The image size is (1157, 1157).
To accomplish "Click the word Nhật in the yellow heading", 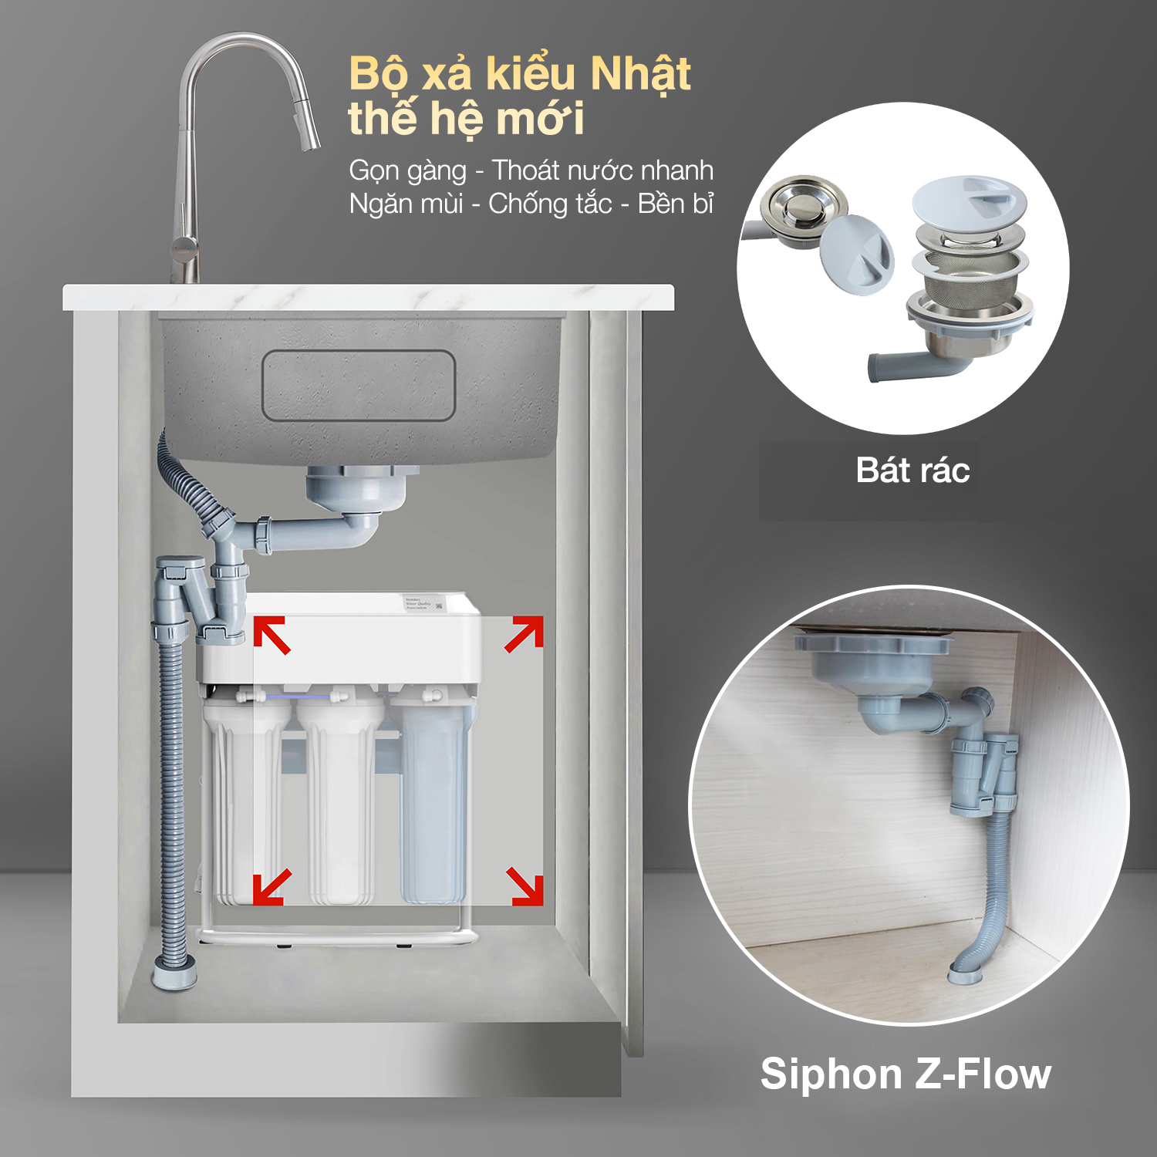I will tap(639, 75).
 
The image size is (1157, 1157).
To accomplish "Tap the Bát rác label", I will tap(912, 471).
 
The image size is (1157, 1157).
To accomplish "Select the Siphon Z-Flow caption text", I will tap(906, 1074).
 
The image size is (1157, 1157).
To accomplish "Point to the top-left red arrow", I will tap(272, 634).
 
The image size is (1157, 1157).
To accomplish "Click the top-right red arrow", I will tap(525, 634).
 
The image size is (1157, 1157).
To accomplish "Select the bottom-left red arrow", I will tap(272, 886).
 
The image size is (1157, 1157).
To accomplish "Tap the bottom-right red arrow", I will tap(525, 886).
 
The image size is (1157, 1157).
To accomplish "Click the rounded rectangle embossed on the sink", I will tap(359, 386).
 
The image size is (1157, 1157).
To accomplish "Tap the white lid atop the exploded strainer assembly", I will tap(969, 200).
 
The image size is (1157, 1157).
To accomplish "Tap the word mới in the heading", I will tap(540, 120).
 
